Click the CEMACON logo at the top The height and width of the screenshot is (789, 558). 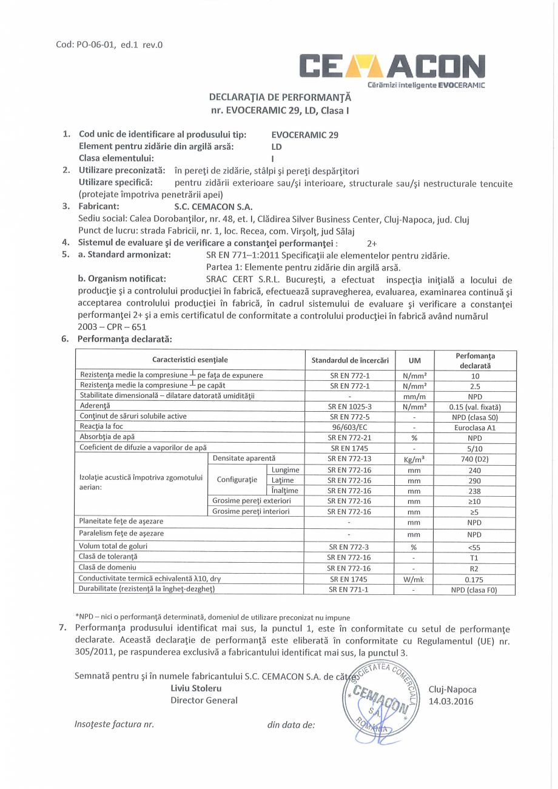pyautogui.click(x=392, y=67)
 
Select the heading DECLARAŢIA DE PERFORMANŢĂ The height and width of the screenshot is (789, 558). pyautogui.click(x=280, y=97)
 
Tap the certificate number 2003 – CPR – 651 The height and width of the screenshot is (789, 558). pyautogui.click(x=112, y=326)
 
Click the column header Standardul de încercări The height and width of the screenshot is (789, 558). pyautogui.click(x=350, y=360)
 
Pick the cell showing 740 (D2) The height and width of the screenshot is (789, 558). pyautogui.click(x=474, y=459)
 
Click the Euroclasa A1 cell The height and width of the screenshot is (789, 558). pyautogui.click(x=474, y=426)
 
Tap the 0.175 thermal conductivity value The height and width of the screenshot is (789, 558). pyautogui.click(x=474, y=579)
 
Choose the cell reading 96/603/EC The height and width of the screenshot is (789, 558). pyautogui.click(x=350, y=426)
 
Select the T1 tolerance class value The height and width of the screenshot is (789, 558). pyautogui.click(x=474, y=557)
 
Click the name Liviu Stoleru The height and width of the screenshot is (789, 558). pyautogui.click(x=196, y=688)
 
